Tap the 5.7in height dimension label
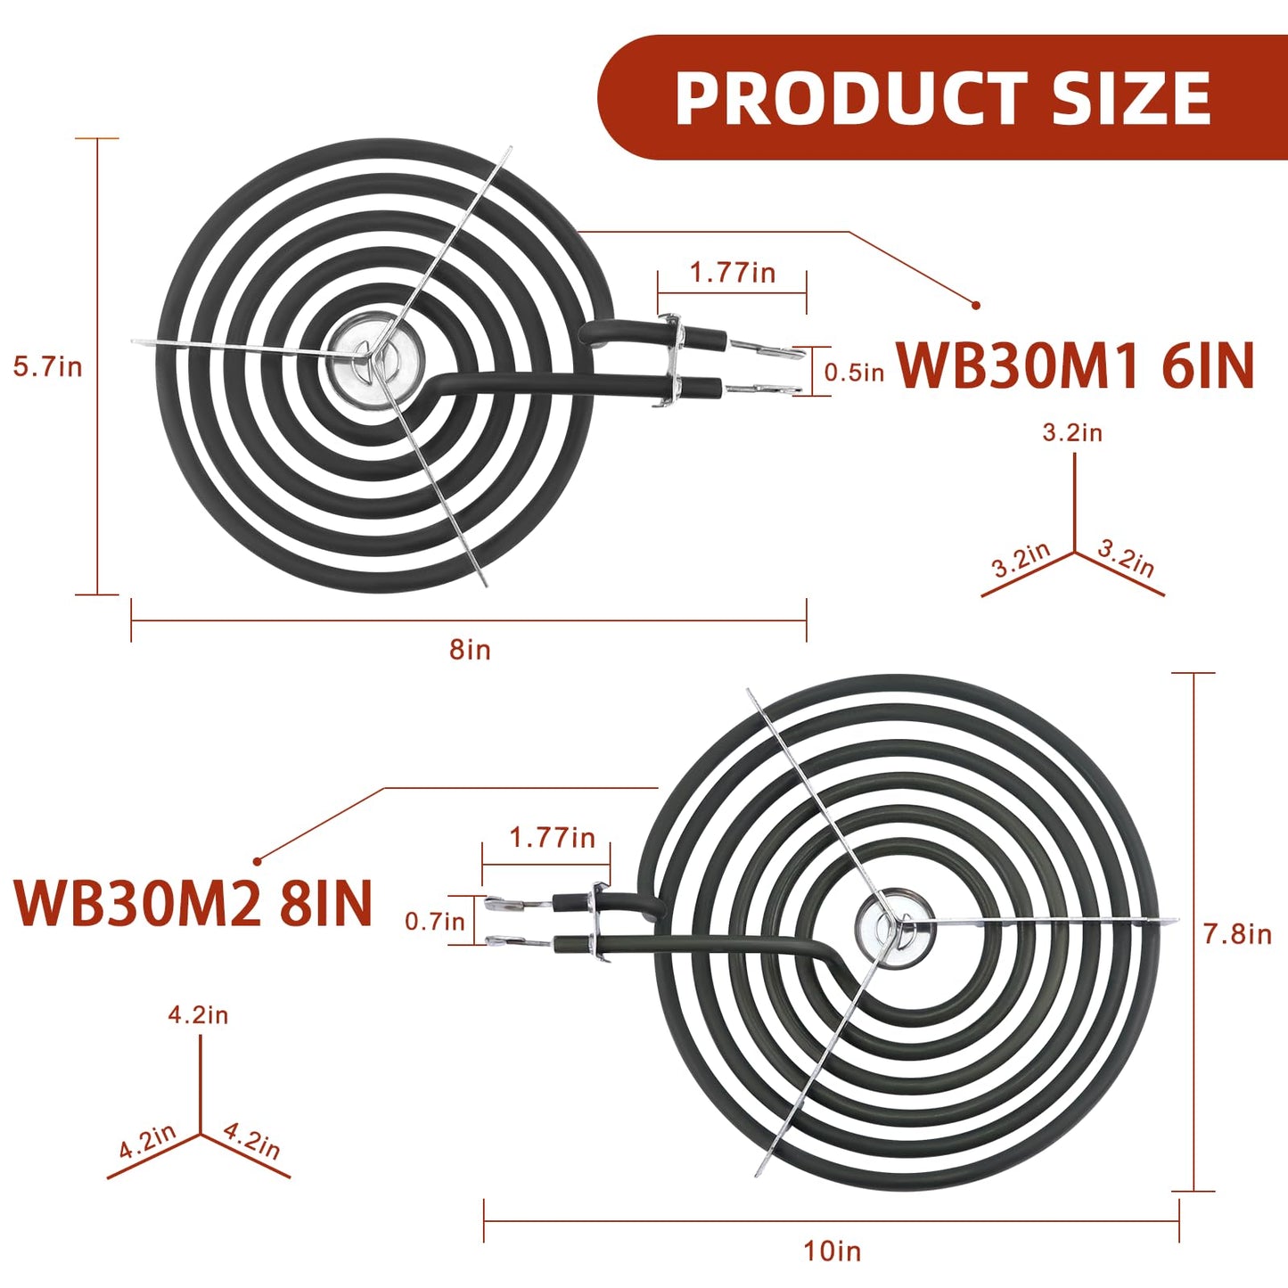pyautogui.click(x=47, y=366)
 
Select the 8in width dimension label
pyautogui.click(x=470, y=649)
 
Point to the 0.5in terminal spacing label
pyautogui.click(x=854, y=373)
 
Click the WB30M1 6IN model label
pyautogui.click(x=1075, y=365)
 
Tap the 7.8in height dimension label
pyautogui.click(x=1237, y=934)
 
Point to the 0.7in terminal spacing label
pyautogui.click(x=434, y=922)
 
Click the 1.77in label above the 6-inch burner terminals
pyautogui.click(x=732, y=273)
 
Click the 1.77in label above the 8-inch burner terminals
pyautogui.click(x=552, y=838)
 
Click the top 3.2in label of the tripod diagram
pyautogui.click(x=1072, y=432)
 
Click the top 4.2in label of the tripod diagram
pyautogui.click(x=199, y=1014)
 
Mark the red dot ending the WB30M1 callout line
pyautogui.click(x=976, y=305)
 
